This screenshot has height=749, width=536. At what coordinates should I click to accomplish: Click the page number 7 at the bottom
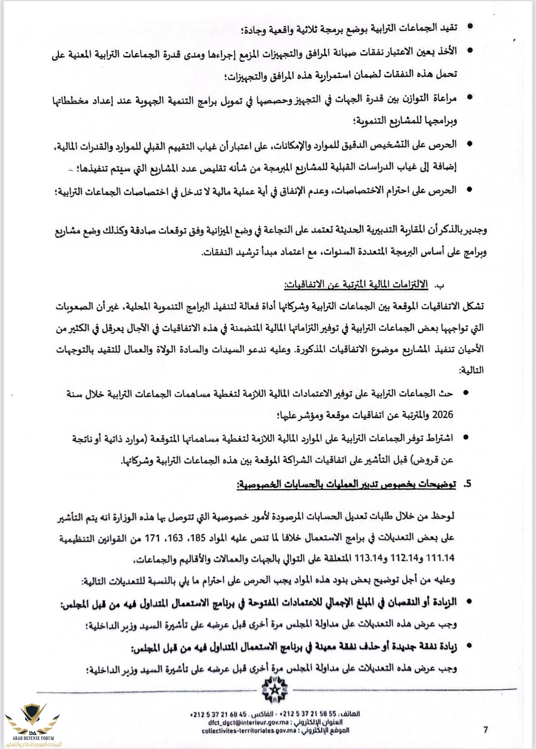click(486, 730)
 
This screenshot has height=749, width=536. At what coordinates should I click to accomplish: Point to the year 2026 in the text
click(442, 415)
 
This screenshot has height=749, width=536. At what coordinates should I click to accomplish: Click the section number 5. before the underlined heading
click(467, 484)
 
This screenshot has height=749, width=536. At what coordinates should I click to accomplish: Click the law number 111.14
click(440, 558)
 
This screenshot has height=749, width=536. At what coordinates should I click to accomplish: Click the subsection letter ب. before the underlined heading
click(439, 285)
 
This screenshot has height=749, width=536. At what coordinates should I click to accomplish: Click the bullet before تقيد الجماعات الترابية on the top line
click(470, 27)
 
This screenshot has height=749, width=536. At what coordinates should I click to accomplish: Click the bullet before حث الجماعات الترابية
click(466, 392)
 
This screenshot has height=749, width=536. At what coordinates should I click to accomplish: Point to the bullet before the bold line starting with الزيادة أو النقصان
click(469, 600)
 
